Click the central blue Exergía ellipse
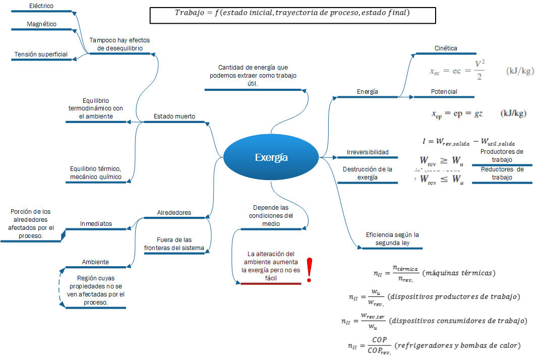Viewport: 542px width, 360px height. click(x=271, y=157)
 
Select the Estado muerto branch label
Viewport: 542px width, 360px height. click(x=174, y=116)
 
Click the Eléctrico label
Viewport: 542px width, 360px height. click(x=41, y=6)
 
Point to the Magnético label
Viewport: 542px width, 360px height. click(x=41, y=24)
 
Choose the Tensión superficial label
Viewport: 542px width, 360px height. click(x=41, y=54)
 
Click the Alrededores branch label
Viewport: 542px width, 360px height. click(x=174, y=213)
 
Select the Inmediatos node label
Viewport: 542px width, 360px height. click(x=96, y=224)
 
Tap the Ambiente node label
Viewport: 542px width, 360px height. click(x=95, y=262)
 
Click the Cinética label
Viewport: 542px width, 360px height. click(x=446, y=48)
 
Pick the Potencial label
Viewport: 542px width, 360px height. click(x=444, y=92)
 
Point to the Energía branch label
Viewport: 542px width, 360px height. click(x=368, y=92)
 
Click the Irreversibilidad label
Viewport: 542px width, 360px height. click(x=368, y=152)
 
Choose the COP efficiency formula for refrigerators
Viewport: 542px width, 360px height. click(x=434, y=346)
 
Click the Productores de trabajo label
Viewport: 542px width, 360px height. click(x=502, y=155)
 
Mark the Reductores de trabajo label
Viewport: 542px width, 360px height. click(x=502, y=173)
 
